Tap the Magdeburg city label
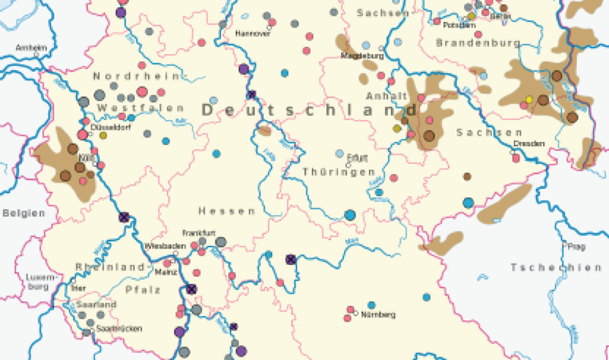362,55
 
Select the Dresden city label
528,144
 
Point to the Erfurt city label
358,159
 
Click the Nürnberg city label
378,315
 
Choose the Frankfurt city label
198,233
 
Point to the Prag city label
576,247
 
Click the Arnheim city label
31,47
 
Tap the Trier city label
78,288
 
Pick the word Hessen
227,211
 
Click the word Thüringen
339,172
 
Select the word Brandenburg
478,43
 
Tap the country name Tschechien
555,267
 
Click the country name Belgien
24,213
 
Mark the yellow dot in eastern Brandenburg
529,99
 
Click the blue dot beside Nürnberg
371,305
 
